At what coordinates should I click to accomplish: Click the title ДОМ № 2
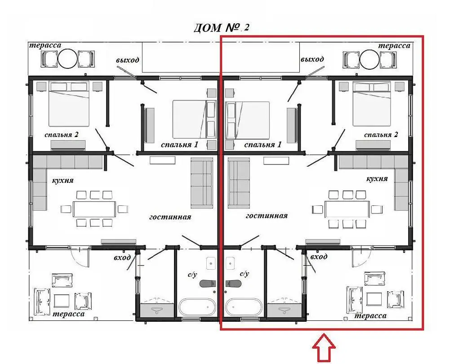click(221, 27)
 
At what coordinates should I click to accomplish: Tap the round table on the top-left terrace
click(67, 58)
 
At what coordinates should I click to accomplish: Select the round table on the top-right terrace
click(369, 59)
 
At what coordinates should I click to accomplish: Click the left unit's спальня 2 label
click(62, 135)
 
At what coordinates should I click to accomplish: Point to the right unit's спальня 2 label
click(381, 134)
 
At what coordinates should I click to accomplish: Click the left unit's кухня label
click(63, 181)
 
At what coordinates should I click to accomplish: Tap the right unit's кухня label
click(377, 179)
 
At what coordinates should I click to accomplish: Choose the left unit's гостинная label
click(170, 217)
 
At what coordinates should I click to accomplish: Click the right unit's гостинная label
click(267, 216)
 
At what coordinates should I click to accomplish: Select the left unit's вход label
click(122, 257)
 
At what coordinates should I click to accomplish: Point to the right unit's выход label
click(312, 59)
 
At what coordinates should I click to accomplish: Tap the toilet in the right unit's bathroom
click(233, 284)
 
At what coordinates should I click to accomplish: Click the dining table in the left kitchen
click(94, 209)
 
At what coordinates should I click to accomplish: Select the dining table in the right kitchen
click(347, 209)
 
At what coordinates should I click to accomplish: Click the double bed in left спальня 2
click(69, 104)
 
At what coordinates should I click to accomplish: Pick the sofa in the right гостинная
click(239, 183)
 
